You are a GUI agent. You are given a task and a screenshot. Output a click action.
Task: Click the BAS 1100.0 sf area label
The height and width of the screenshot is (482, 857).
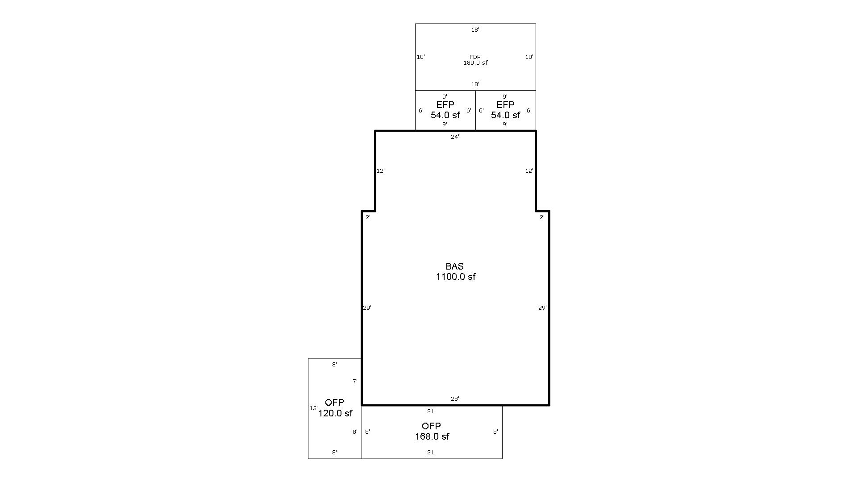[x=455, y=272]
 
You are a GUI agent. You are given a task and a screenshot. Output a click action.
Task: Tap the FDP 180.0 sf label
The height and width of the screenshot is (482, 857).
[x=475, y=60]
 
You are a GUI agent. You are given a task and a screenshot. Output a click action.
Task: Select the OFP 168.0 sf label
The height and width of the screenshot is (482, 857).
[x=432, y=431]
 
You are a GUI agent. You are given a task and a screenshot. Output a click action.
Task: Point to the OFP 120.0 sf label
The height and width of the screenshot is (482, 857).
[x=335, y=408]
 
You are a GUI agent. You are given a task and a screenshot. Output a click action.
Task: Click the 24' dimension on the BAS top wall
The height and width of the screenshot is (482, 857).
[x=455, y=137]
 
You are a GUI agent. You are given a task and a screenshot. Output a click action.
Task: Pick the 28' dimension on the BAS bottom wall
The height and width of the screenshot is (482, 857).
[x=455, y=399]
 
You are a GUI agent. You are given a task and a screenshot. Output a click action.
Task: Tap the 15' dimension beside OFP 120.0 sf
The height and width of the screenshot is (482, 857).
[x=313, y=408]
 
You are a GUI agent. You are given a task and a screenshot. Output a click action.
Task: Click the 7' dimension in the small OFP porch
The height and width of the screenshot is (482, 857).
[x=355, y=382]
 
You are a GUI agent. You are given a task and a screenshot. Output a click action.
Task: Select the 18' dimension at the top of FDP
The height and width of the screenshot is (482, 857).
[x=475, y=30]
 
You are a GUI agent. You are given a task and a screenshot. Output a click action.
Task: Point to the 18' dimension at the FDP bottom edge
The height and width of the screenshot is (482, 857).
[x=475, y=84]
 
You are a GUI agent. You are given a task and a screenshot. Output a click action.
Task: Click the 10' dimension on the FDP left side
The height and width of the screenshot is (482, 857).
[x=420, y=57]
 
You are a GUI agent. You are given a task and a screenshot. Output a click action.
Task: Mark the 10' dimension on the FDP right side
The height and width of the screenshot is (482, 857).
[x=529, y=57]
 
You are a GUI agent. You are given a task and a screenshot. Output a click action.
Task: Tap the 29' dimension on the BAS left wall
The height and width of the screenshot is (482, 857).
[x=367, y=308]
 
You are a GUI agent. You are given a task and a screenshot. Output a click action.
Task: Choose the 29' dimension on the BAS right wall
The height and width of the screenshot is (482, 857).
[x=542, y=308]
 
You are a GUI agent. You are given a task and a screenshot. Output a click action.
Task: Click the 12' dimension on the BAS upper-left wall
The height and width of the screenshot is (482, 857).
[x=380, y=171]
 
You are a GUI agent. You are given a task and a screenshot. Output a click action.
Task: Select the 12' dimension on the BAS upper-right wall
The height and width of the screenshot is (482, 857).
[x=529, y=171]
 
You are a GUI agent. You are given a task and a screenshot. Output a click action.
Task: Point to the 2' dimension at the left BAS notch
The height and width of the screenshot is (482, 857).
[x=368, y=217]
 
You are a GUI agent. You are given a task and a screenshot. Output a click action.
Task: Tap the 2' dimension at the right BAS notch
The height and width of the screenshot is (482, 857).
[x=542, y=217]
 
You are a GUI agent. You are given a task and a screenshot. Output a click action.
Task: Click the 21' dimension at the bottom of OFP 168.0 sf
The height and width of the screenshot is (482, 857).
[x=431, y=453]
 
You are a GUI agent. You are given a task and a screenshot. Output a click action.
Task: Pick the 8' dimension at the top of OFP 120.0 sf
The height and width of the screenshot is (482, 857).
[x=334, y=365]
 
